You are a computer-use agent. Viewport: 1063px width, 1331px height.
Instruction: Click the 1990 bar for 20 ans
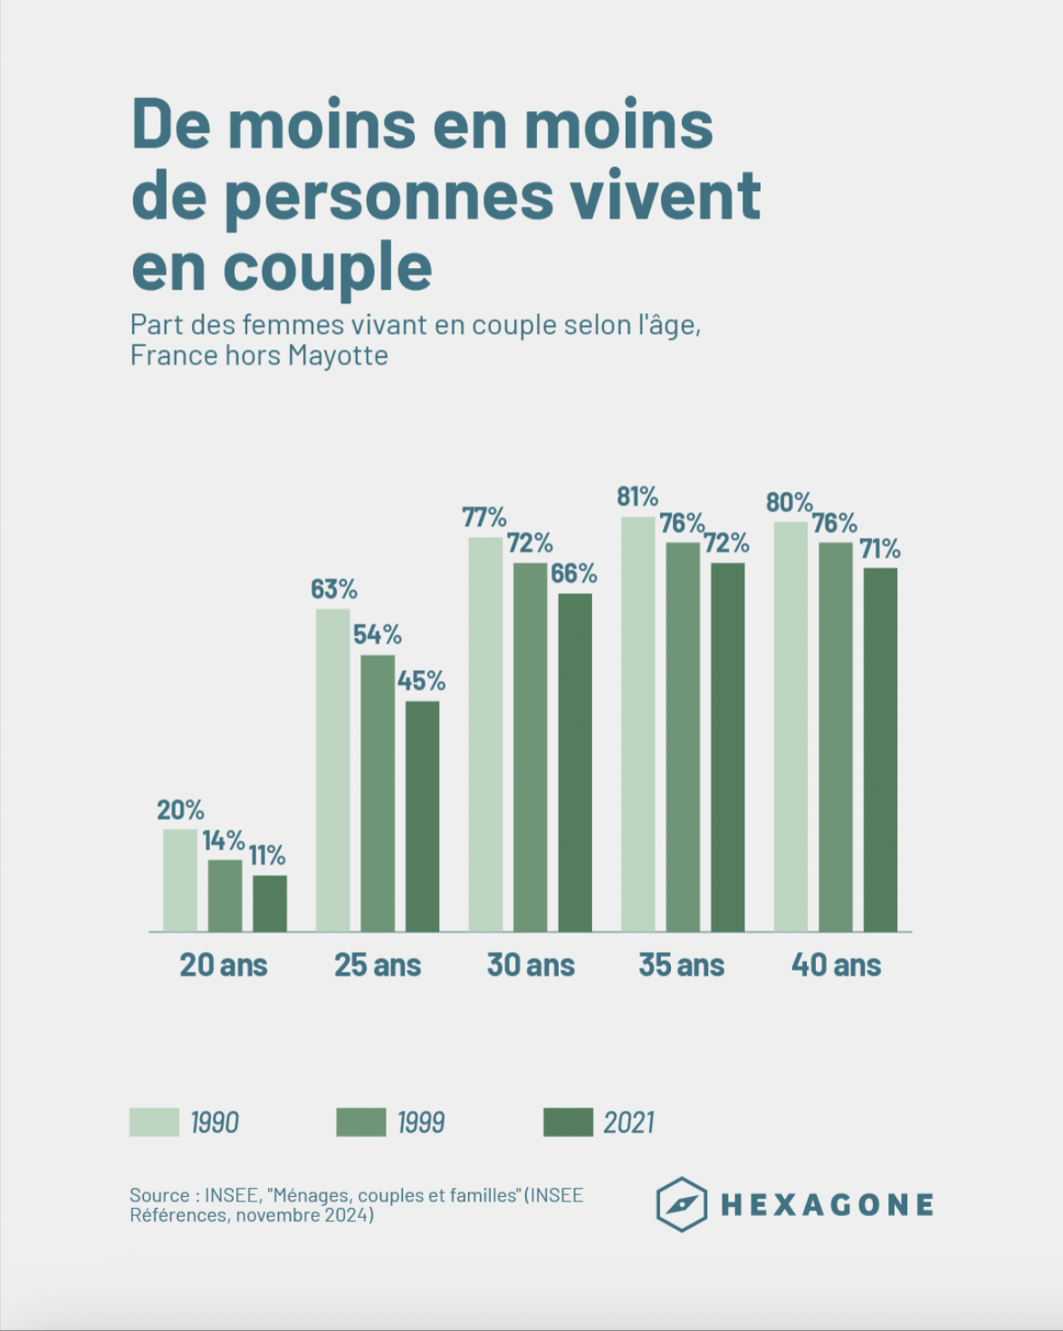pyautogui.click(x=180, y=880)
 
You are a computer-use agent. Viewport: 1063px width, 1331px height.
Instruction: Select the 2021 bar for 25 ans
pyautogui.click(x=422, y=816)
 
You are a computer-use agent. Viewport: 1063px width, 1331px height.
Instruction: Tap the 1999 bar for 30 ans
pyautogui.click(x=530, y=747)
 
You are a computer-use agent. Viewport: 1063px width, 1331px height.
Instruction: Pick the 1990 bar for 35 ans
pyautogui.click(x=637, y=724)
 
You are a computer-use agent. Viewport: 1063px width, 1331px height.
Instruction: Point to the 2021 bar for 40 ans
pyautogui.click(x=880, y=750)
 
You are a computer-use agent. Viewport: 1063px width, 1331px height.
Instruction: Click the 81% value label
pyautogui.click(x=637, y=497)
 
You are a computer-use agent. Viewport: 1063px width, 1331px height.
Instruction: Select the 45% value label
pyautogui.click(x=421, y=681)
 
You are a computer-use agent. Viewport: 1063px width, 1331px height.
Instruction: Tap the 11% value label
pyautogui.click(x=267, y=856)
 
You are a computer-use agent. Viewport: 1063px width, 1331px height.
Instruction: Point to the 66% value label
pyautogui.click(x=574, y=573)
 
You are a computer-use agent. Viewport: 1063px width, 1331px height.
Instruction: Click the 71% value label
pyautogui.click(x=880, y=549)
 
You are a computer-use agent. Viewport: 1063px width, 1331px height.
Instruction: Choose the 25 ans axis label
pyautogui.click(x=378, y=965)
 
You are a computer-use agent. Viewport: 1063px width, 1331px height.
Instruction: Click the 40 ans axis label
pyautogui.click(x=836, y=965)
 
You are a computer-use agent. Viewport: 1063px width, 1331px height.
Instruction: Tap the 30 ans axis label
pyautogui.click(x=531, y=965)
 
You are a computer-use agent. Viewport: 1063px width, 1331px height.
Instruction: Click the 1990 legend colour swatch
pyautogui.click(x=154, y=1122)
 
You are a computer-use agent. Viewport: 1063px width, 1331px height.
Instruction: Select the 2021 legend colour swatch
pyautogui.click(x=568, y=1122)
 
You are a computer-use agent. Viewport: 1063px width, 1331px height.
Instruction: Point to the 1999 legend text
pyautogui.click(x=421, y=1123)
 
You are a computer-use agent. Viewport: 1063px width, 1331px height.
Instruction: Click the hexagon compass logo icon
pyautogui.click(x=681, y=1204)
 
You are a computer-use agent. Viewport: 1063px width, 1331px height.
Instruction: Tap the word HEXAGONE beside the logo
pyautogui.click(x=827, y=1205)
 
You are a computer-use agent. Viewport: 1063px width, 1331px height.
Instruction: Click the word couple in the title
pyautogui.click(x=328, y=268)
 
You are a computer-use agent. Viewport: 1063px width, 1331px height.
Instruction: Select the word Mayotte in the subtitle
pyautogui.click(x=338, y=356)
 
